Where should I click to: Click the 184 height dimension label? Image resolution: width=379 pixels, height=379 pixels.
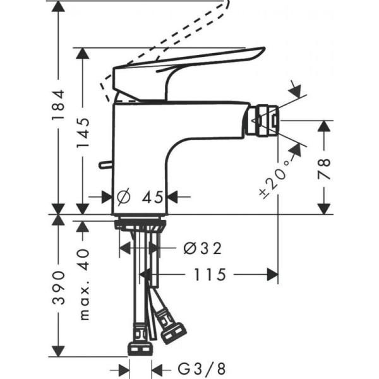click(58, 104)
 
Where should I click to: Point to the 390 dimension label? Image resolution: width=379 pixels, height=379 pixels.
click(58, 288)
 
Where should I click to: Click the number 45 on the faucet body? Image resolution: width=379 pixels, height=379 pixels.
click(151, 197)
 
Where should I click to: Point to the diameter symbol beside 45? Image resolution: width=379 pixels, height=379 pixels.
click(124, 197)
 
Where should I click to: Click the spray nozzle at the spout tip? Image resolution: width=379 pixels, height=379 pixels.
click(264, 120)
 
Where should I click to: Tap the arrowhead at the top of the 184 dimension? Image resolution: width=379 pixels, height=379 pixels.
click(58, 6)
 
